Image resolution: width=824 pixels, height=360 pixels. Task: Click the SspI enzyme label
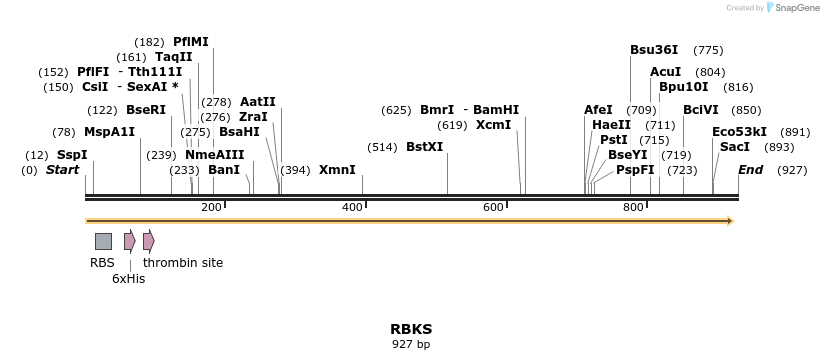[x=72, y=155]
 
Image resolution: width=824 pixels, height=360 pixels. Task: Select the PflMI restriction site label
[x=191, y=42]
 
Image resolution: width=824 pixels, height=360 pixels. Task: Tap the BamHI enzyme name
[x=496, y=110]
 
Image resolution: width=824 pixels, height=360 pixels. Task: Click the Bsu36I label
[x=654, y=50]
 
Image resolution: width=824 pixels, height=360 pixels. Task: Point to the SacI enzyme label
[x=735, y=147]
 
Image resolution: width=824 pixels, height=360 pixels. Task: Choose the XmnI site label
[x=337, y=170]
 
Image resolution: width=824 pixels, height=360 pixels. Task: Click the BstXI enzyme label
[x=424, y=147]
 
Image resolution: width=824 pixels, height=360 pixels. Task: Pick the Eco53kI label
[x=739, y=132]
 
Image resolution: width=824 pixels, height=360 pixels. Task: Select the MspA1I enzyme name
[x=109, y=132]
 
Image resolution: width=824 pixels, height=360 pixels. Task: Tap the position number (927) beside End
[x=792, y=170]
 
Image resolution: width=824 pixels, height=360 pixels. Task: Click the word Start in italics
[x=62, y=170]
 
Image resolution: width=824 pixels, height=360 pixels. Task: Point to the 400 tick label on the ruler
[x=352, y=207]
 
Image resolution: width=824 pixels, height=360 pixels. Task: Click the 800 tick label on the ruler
[x=633, y=207]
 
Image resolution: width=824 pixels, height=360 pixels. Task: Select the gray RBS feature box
[x=103, y=241]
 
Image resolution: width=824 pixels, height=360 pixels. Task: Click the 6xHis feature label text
[x=128, y=279]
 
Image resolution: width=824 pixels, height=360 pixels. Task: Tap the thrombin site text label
[x=183, y=263]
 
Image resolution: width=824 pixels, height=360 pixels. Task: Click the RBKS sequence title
[x=411, y=329]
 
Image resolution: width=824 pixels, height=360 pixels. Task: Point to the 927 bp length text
[x=411, y=345]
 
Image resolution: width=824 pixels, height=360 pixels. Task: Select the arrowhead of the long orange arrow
[x=730, y=221]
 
